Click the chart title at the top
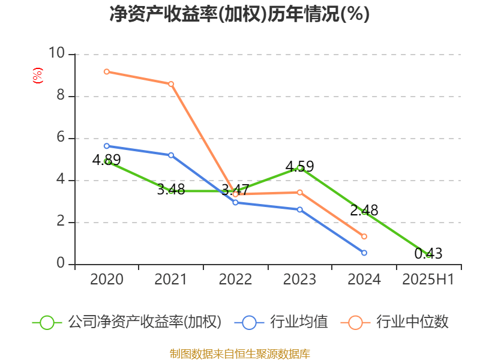click(239, 14)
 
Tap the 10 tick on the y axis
click(58, 54)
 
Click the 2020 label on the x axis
click(107, 279)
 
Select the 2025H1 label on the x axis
click(428, 279)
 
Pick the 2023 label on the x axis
click(299, 279)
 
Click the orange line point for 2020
click(107, 71)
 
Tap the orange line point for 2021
click(171, 84)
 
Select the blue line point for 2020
click(107, 146)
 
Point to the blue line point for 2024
click(364, 253)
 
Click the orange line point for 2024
click(364, 236)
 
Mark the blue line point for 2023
click(300, 209)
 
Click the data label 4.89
click(107, 160)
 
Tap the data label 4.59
click(299, 166)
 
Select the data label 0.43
click(428, 254)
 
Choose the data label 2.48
click(364, 211)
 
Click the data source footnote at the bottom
click(239, 353)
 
